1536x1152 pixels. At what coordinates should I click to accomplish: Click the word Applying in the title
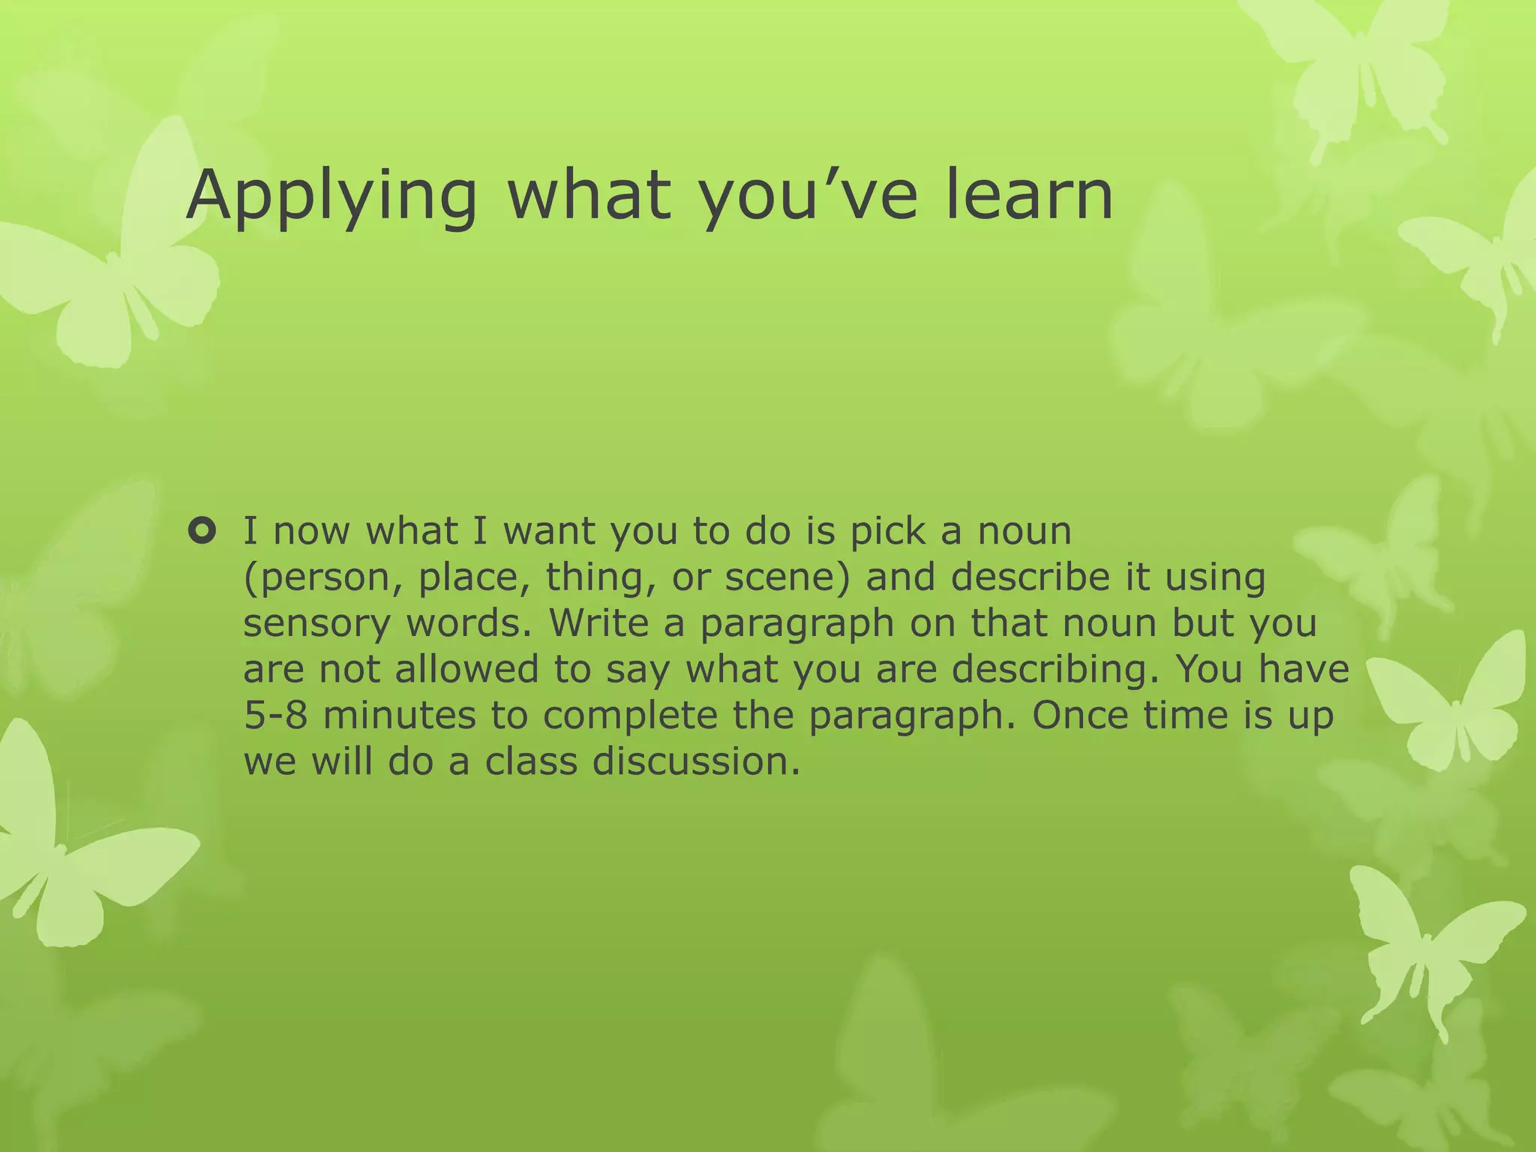pos(330,196)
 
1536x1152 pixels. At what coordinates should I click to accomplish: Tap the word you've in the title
pos(808,196)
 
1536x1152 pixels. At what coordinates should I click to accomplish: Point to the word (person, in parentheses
pos(323,578)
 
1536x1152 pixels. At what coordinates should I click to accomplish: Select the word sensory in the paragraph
pos(316,624)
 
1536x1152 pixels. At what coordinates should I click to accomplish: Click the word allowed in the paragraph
pos(466,669)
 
